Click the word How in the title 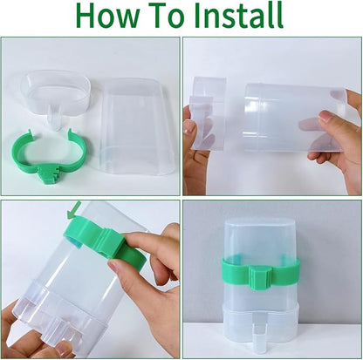[x=106, y=16]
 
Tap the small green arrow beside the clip [x=72, y=210]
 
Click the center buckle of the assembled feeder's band [x=261, y=278]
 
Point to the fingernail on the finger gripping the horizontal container [x=325, y=117]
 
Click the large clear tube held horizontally [x=294, y=119]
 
